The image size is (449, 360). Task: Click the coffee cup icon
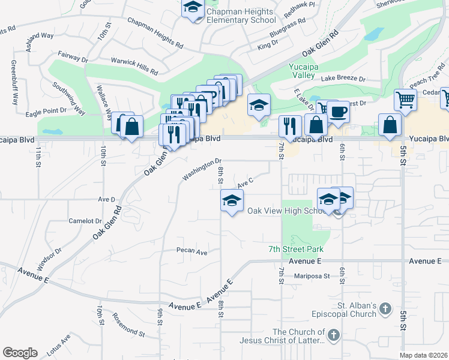click(338, 112)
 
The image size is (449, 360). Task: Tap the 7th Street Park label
click(296, 249)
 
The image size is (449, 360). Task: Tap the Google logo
click(20, 352)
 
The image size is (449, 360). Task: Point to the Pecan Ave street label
click(191, 252)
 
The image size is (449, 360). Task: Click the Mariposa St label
click(312, 276)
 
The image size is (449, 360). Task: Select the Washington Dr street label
click(202, 169)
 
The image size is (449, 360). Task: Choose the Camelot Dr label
click(85, 221)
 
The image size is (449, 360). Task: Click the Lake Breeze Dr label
click(343, 79)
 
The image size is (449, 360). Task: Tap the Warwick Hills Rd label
click(134, 65)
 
